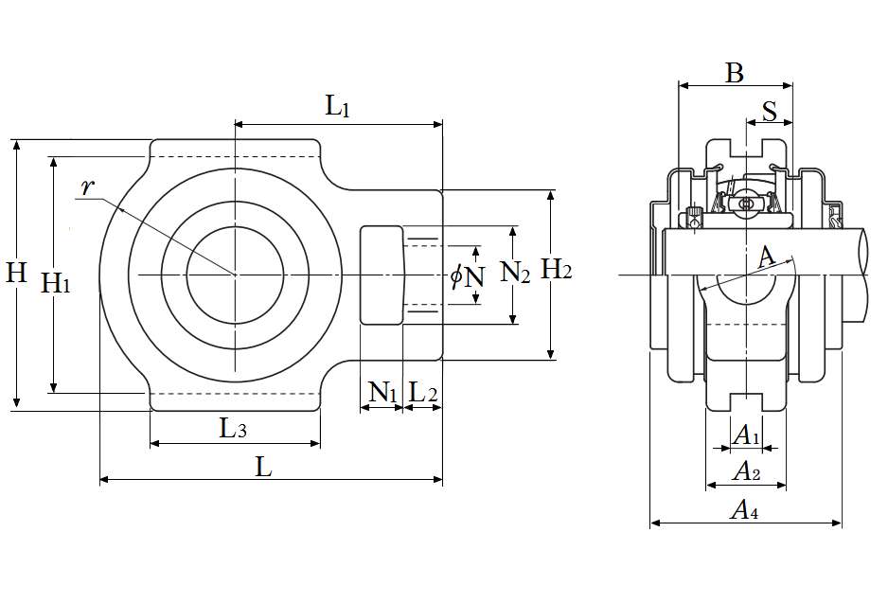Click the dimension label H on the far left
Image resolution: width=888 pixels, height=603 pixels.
[x=16, y=274]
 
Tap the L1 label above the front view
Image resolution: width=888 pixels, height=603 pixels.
[x=338, y=106]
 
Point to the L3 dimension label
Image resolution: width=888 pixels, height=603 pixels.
[x=234, y=429]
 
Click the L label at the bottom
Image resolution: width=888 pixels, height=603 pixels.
[x=265, y=466]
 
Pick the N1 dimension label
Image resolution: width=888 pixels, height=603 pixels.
[x=382, y=392]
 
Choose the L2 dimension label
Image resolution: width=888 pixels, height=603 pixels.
[x=422, y=392]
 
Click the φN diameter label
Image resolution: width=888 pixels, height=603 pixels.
[x=468, y=276]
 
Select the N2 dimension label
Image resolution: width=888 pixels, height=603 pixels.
[x=516, y=274]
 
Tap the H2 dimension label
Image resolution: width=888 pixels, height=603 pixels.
[x=557, y=271]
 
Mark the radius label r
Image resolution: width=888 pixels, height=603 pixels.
[x=87, y=187]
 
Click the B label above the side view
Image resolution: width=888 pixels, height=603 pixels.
[x=735, y=73]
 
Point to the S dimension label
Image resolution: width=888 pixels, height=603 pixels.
[x=770, y=111]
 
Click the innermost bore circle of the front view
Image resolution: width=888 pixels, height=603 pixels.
[x=234, y=275]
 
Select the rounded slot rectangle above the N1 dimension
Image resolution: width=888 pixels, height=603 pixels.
[x=382, y=275]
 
